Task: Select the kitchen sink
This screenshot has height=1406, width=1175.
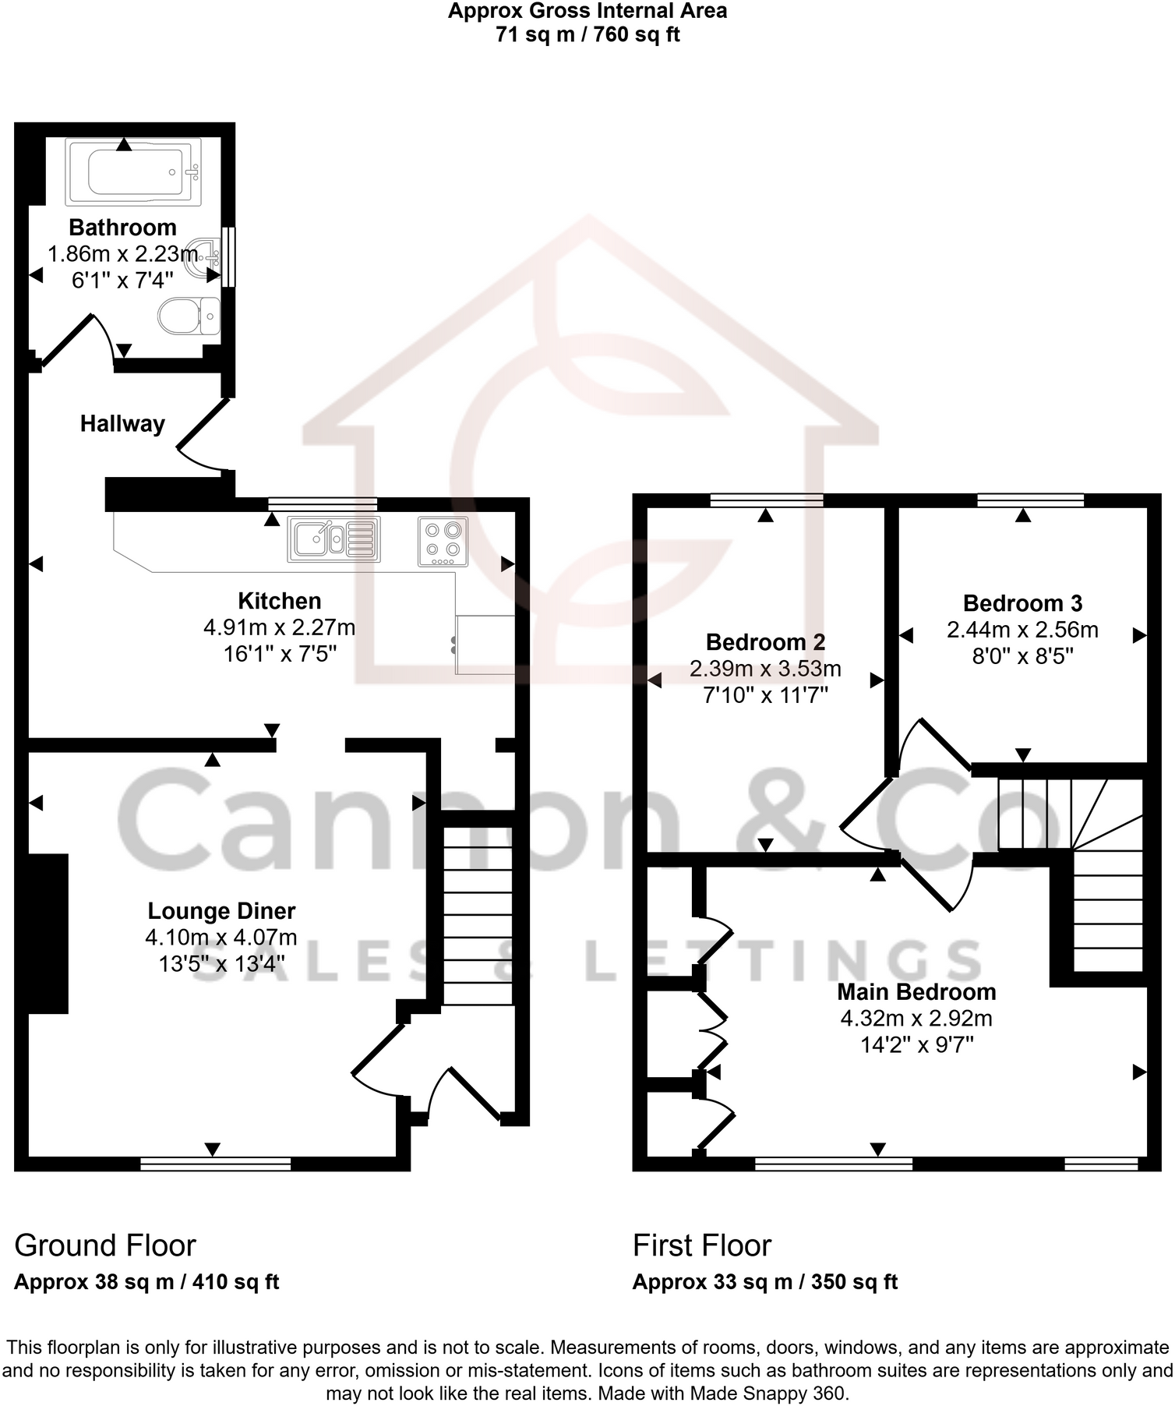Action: pos(333,539)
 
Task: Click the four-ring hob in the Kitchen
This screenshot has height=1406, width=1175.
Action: pos(443,541)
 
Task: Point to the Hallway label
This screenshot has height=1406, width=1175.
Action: pos(122,424)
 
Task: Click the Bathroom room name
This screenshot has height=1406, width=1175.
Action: pos(122,228)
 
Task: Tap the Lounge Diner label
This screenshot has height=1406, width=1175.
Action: pos(221,911)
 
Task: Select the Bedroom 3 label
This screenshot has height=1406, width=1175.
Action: pos(1022,603)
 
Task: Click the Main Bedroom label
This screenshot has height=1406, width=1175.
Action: pos(916,992)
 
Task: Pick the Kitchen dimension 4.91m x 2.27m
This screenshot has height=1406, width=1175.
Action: pos(279,627)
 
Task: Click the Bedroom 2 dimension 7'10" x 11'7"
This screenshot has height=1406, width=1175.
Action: pos(765,695)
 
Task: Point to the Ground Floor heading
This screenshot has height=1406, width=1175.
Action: pos(104,1245)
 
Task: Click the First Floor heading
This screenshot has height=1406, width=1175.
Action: pos(701,1245)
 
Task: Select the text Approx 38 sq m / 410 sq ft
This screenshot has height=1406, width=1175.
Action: pos(146,1282)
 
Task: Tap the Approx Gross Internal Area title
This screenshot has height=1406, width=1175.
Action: pos(587,11)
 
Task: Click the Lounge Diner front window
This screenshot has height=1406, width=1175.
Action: pos(215,1164)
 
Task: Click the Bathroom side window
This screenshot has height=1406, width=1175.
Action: pos(228,256)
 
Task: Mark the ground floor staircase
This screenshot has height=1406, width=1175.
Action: pos(478,916)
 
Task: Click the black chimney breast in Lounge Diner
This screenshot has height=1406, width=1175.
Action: pos(48,934)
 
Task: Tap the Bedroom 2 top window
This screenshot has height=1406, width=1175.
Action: pos(766,500)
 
